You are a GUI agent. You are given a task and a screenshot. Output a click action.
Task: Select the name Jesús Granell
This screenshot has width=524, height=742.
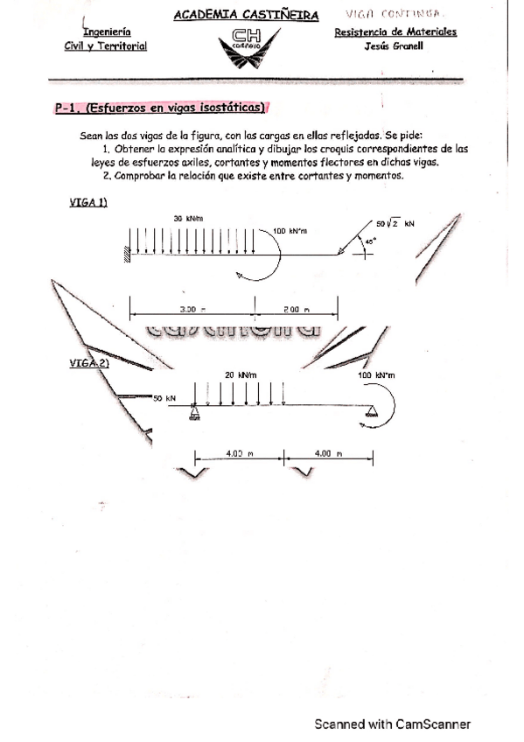[x=394, y=46]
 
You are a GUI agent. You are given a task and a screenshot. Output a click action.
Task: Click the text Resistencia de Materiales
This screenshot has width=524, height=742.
[x=395, y=31]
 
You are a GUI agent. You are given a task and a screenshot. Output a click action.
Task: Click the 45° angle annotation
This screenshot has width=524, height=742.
[x=369, y=241]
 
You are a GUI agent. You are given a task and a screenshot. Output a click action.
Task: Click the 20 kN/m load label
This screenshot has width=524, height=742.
[x=241, y=374]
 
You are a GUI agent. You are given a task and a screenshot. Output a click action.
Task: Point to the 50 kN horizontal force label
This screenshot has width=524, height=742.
[x=164, y=398]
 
